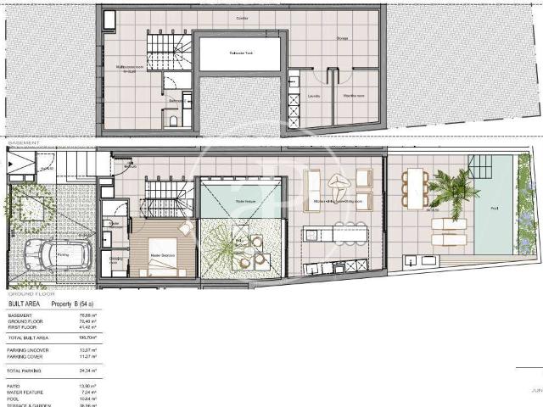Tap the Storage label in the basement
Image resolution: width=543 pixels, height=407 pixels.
point(342,37)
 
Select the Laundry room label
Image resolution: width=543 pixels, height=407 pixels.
point(313,96)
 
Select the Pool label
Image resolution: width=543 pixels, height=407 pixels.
point(493,208)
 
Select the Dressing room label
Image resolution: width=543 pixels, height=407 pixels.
point(115,260)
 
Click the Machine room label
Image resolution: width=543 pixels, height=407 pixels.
point(354,96)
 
